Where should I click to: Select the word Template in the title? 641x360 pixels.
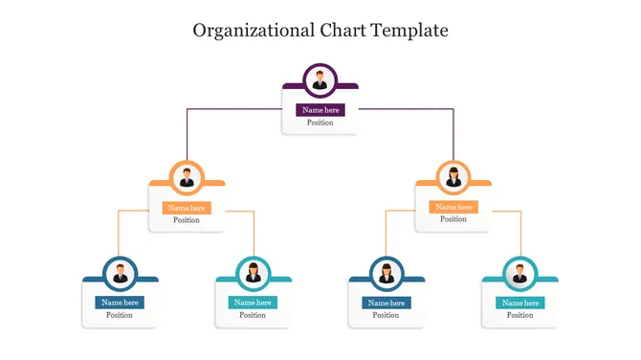pos(412,30)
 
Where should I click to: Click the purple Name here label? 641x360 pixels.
pos(320,110)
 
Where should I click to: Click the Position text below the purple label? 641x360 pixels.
pos(320,124)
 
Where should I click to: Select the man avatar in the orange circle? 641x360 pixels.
pos(187,178)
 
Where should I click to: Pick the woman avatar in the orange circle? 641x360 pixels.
pos(453,178)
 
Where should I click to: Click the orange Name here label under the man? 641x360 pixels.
pos(187,208)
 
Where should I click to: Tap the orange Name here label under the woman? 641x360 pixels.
pos(453,207)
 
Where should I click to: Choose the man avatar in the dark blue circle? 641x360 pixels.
pos(120,274)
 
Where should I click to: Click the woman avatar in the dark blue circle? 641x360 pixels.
pos(387,274)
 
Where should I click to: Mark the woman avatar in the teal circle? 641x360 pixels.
pos(253,274)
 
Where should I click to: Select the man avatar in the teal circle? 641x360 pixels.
pos(519,274)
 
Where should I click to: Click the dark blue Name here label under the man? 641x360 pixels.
pos(120,303)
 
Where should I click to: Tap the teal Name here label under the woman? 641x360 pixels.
pos(253,303)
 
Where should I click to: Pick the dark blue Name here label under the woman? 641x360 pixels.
pos(387,303)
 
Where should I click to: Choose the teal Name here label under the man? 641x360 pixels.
pos(519,303)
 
